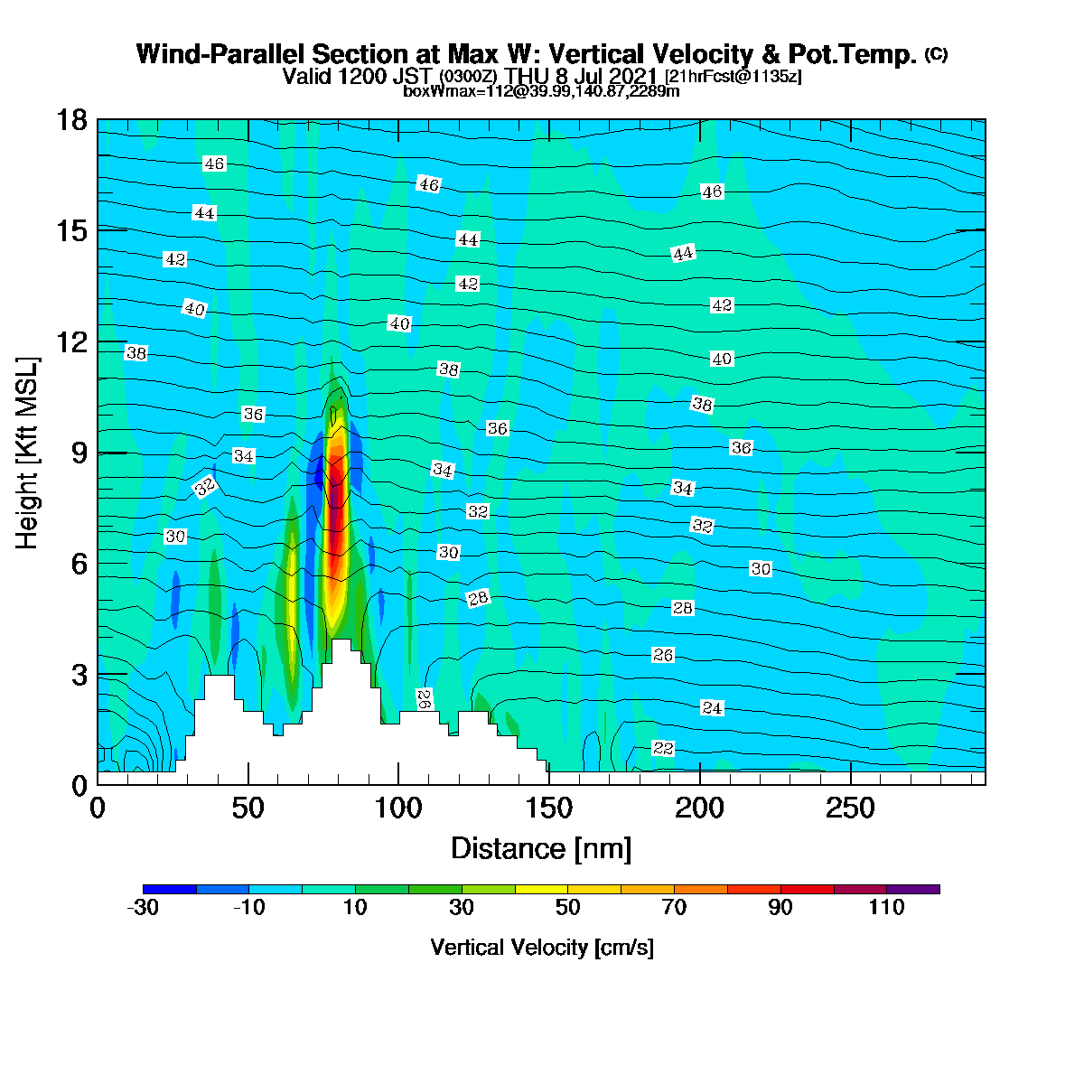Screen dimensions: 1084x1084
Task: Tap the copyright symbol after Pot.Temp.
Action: (x=936, y=54)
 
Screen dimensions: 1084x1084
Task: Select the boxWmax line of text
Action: (x=541, y=90)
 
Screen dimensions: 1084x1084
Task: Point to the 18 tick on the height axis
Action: (x=72, y=120)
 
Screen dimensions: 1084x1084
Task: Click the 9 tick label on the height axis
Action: (x=79, y=453)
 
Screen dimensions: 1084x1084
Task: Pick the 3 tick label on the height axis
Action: (x=79, y=675)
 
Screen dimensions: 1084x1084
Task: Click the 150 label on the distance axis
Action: (x=548, y=808)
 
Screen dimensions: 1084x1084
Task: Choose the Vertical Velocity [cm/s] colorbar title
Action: (x=542, y=948)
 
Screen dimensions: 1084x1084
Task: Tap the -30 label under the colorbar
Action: (x=143, y=907)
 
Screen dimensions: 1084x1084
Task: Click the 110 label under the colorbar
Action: (x=886, y=907)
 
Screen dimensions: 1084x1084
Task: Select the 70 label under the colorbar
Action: (x=674, y=907)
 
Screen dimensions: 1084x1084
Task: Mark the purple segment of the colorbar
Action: (x=913, y=890)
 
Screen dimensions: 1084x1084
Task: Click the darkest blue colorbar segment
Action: (x=169, y=890)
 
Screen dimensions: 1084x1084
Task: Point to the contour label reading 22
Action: (x=663, y=748)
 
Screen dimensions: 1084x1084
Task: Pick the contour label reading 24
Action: (x=712, y=707)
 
